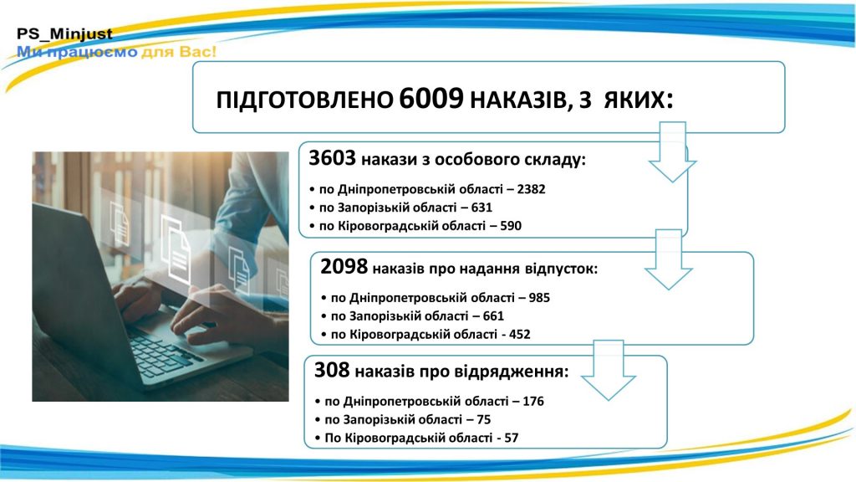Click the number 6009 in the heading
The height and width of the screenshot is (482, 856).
pyautogui.click(x=431, y=99)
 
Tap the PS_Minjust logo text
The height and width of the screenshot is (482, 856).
pyautogui.click(x=64, y=34)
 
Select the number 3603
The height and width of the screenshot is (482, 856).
pyautogui.click(x=332, y=158)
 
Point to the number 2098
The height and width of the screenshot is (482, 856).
pyautogui.click(x=344, y=267)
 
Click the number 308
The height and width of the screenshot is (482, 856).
pyautogui.click(x=332, y=370)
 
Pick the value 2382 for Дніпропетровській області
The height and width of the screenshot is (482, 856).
pyautogui.click(x=531, y=189)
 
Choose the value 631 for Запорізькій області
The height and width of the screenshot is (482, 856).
pyautogui.click(x=481, y=208)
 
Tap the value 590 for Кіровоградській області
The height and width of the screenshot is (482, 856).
pyautogui.click(x=511, y=226)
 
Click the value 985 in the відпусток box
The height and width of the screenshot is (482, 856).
pyautogui.click(x=539, y=298)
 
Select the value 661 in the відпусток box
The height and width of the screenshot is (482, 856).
pyautogui.click(x=493, y=315)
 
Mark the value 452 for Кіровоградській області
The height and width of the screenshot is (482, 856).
pyautogui.click(x=520, y=335)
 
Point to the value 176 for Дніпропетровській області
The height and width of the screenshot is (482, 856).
pyautogui.click(x=533, y=401)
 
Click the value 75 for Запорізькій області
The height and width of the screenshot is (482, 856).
pyautogui.click(x=484, y=420)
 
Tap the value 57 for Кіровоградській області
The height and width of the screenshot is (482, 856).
pyautogui.click(x=512, y=438)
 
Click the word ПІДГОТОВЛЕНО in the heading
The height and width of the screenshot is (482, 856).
pyautogui.click(x=304, y=100)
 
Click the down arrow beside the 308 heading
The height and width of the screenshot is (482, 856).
pyautogui.click(x=609, y=371)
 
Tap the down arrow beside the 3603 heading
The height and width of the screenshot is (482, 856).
pyautogui.click(x=672, y=152)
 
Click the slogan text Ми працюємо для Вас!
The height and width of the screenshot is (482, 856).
pyautogui.click(x=117, y=52)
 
